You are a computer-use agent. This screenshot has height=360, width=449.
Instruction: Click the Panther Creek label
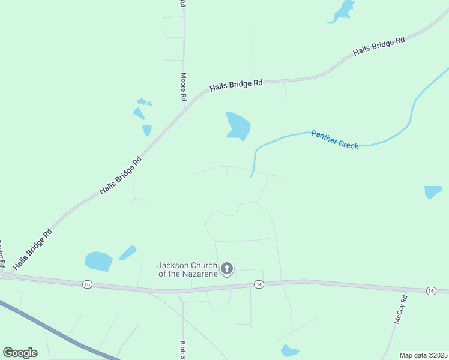[334, 140]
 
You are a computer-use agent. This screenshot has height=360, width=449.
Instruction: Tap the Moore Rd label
[184, 87]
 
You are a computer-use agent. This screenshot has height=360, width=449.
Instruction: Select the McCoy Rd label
[400, 310]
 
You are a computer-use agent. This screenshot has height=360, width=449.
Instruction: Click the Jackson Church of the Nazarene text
[185, 269]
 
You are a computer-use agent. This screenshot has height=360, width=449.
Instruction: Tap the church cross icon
[227, 268]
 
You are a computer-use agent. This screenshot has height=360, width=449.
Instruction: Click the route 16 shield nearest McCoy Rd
[431, 291]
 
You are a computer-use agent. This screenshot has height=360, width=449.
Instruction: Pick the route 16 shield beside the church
[258, 284]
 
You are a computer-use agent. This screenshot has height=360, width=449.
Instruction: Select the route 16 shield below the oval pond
[88, 283]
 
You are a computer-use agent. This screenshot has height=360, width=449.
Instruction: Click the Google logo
[20, 352]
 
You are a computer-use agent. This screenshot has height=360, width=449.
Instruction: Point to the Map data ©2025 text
[423, 355]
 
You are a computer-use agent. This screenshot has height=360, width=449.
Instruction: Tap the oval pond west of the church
[98, 262]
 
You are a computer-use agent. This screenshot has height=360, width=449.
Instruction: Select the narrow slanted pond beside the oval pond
[128, 253]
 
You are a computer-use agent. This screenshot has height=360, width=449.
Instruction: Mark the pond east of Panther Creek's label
[433, 192]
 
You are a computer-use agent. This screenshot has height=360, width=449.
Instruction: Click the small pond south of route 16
[289, 350]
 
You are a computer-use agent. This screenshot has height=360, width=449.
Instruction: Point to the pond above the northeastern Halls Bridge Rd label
[343, 11]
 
